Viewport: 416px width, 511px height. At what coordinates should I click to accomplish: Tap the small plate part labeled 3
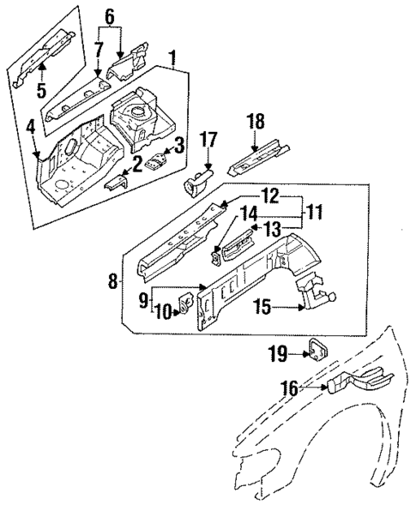(157, 162)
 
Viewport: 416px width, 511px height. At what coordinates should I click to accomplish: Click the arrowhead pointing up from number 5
(43, 64)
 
